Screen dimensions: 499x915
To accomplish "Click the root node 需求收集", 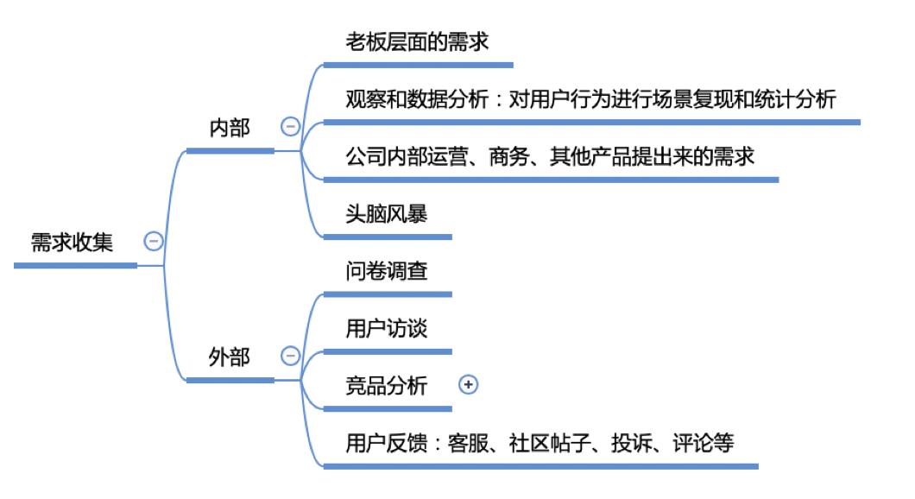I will point(72,242).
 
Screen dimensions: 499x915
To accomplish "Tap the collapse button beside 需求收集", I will point(154,242).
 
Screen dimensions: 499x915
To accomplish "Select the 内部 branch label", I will point(230,128).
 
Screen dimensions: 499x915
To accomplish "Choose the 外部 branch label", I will point(230,357).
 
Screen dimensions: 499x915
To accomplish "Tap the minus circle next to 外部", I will point(290,356).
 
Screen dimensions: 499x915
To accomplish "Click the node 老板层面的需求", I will point(417,41).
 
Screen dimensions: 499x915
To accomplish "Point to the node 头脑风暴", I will point(386,213).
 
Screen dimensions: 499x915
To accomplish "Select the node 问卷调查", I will point(386,271).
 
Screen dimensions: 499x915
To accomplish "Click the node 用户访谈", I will point(386,329).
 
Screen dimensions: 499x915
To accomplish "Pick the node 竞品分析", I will point(386,386).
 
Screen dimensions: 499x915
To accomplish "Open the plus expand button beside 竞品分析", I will point(468,385).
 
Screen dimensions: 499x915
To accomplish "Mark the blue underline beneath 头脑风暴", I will point(387,236).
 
